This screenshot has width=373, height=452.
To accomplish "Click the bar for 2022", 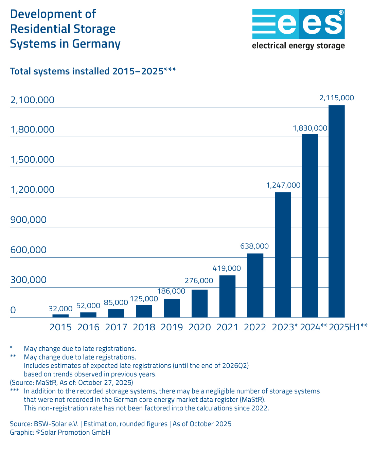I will (x=255, y=285).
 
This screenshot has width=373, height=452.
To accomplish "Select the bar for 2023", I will (x=283, y=255).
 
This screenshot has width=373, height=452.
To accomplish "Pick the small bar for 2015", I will (x=60, y=316).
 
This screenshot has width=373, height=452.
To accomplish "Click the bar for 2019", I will (x=172, y=308).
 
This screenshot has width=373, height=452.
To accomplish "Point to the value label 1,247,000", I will (x=283, y=185).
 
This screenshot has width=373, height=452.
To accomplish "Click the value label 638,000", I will (x=254, y=246).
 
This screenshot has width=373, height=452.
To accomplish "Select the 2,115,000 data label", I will (x=337, y=98).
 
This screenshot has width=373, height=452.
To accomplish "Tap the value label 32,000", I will (x=60, y=309).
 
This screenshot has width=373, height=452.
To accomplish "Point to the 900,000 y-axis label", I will (x=29, y=220).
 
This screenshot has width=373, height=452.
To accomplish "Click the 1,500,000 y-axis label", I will (x=33, y=159).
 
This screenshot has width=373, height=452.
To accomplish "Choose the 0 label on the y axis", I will (x=13, y=310).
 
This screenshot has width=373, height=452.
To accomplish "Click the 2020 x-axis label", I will (x=200, y=327).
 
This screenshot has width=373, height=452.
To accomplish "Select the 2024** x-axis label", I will (x=314, y=327).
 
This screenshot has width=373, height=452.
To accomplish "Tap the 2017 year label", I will (x=116, y=327).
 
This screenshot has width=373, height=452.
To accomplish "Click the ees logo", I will (x=298, y=24).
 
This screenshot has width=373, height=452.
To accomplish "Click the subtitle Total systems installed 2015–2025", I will (x=87, y=71).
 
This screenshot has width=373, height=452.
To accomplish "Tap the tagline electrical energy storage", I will (x=298, y=46).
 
